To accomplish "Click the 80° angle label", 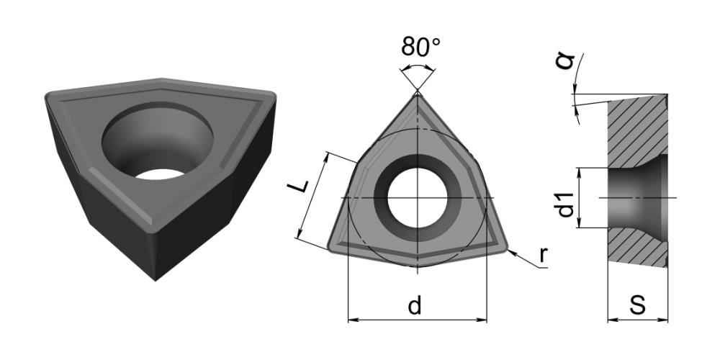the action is coord(420,46).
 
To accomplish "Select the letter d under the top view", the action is coord(415,305).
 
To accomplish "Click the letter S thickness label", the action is coord(637,305).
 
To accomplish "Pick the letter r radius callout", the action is coord(543,255).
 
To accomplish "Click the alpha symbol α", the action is coord(565,60).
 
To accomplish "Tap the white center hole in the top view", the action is coord(418,198).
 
